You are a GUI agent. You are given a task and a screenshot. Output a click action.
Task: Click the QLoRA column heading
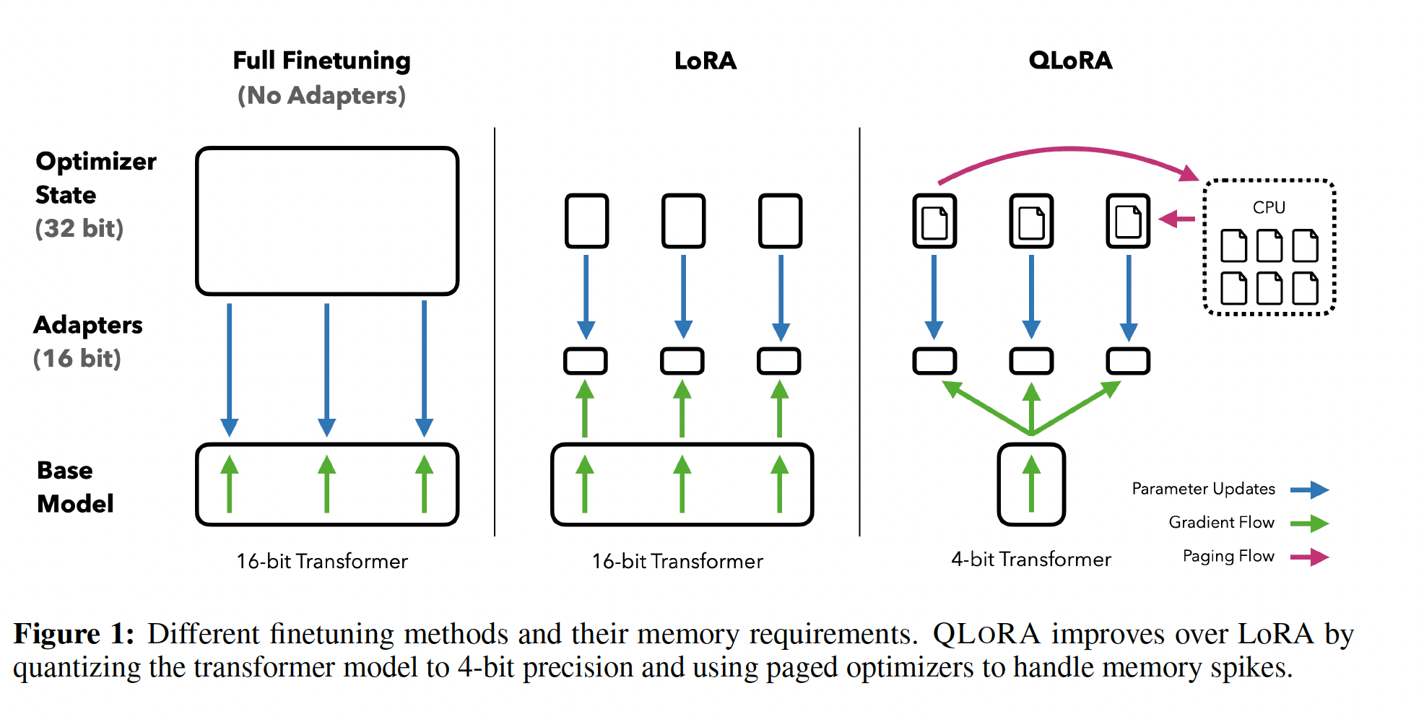pyautogui.click(x=1070, y=61)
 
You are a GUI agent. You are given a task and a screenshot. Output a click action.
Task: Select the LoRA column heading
pyautogui.click(x=706, y=61)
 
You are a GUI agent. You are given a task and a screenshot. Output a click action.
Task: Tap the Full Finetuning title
pyautogui.click(x=321, y=61)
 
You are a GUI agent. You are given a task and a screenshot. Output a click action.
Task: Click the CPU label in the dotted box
pyautogui.click(x=1269, y=208)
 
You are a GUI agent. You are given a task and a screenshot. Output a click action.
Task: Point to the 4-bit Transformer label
pyautogui.click(x=1031, y=560)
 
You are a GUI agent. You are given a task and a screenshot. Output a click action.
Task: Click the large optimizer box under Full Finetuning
pyautogui.click(x=327, y=221)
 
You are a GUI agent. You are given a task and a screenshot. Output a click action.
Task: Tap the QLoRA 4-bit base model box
pyautogui.click(x=1031, y=484)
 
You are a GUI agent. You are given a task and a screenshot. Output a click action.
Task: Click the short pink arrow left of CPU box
pyautogui.click(x=1177, y=219)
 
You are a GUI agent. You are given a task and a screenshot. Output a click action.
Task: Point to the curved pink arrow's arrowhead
pyautogui.click(x=1188, y=173)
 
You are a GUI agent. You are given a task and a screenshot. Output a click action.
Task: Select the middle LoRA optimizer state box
pyautogui.click(x=683, y=221)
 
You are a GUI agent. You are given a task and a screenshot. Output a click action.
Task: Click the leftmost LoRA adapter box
pyautogui.click(x=586, y=361)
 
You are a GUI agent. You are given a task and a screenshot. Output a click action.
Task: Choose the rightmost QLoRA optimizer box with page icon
pyautogui.click(x=1128, y=221)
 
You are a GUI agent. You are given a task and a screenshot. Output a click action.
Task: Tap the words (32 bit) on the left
pyautogui.click(x=79, y=229)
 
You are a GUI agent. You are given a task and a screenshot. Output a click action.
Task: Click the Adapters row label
pyautogui.click(x=88, y=325)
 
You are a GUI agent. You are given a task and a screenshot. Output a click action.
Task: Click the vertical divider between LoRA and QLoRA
pyautogui.click(x=859, y=332)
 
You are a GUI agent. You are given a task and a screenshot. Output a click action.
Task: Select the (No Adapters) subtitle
pyautogui.click(x=321, y=95)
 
